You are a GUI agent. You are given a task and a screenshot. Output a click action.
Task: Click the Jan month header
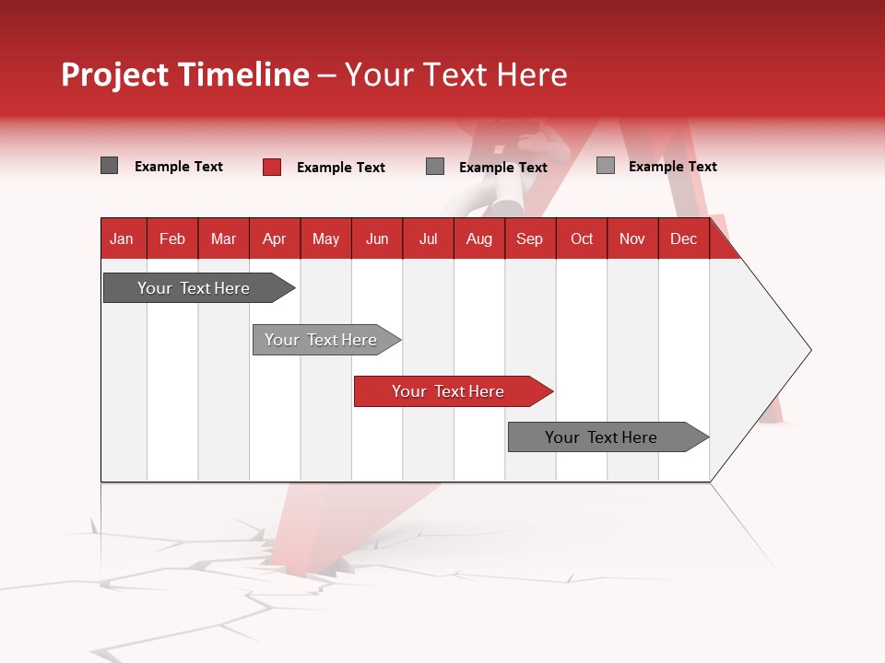pos(122,238)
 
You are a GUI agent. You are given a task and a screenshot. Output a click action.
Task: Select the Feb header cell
pos(172,238)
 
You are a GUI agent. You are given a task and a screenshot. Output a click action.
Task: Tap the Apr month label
pos(274,238)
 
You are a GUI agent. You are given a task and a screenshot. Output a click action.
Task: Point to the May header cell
pos(325,238)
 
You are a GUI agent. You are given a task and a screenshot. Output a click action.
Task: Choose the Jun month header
pos(377,238)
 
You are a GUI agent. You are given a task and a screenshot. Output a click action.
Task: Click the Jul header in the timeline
pos(428,238)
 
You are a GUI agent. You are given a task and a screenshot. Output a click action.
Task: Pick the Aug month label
pos(479,238)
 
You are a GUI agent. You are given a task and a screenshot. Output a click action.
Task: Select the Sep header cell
pos(529,238)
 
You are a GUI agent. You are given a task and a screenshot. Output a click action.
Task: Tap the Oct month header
pos(582,238)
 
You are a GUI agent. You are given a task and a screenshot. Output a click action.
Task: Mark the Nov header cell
pos(632,238)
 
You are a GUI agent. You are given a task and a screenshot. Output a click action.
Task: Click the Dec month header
pos(683,238)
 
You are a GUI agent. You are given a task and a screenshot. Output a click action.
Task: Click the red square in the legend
pos(272,167)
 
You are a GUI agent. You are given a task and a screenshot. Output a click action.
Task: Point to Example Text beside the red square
pos(341,168)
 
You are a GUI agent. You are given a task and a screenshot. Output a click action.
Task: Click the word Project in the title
pos(115,75)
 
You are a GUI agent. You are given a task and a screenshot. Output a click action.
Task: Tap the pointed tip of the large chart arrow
pos(808,350)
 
